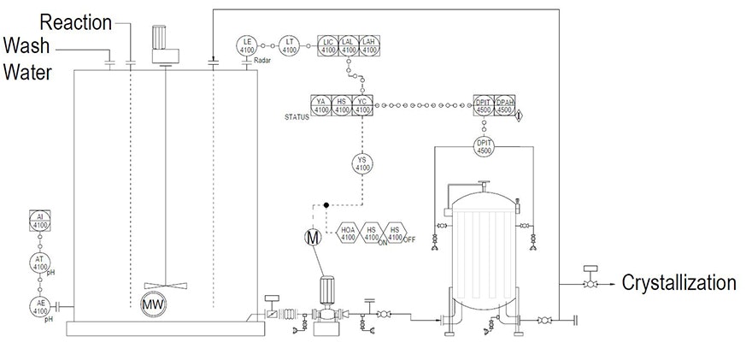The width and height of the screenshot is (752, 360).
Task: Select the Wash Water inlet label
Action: pyautogui.click(x=30, y=59)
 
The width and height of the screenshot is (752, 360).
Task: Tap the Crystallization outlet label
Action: pyautogui.click(x=679, y=283)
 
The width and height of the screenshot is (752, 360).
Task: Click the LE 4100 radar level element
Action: pyautogui.click(x=248, y=45)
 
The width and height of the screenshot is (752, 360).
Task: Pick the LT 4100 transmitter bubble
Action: pyautogui.click(x=291, y=45)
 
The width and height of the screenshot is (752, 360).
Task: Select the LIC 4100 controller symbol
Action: pyautogui.click(x=328, y=45)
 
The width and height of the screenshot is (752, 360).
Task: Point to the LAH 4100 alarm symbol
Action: pyautogui.click(x=368, y=45)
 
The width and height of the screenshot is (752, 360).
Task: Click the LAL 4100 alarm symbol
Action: pyautogui.click(x=349, y=45)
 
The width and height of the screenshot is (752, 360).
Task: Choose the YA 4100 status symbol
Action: pyautogui.click(x=321, y=105)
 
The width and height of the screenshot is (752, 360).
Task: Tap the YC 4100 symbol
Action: pyautogui.click(x=362, y=105)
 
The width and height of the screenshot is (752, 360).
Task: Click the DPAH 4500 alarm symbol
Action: pyautogui.click(x=504, y=105)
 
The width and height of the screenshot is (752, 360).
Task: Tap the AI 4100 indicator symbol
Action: pyautogui.click(x=40, y=221)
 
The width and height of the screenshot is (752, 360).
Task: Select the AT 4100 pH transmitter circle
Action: pyautogui.click(x=40, y=263)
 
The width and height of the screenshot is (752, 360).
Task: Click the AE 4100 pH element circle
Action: pyautogui.click(x=40, y=306)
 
